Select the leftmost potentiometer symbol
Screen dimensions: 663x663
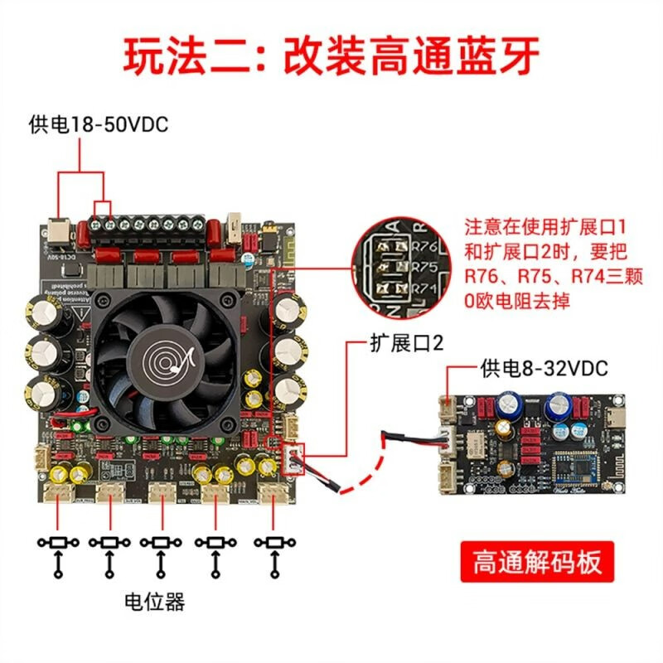click(58, 542)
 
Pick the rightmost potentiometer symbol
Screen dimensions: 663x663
click(273, 542)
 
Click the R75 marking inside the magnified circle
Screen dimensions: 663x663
click(423, 265)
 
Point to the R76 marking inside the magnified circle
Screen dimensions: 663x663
click(423, 244)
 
